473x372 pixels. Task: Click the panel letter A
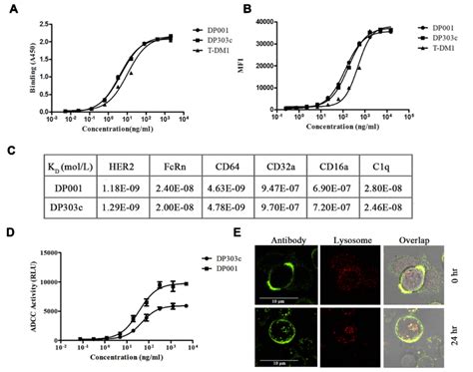pyautogui.click(x=11, y=9)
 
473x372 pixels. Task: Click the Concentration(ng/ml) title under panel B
pyautogui.click(x=353, y=132)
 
